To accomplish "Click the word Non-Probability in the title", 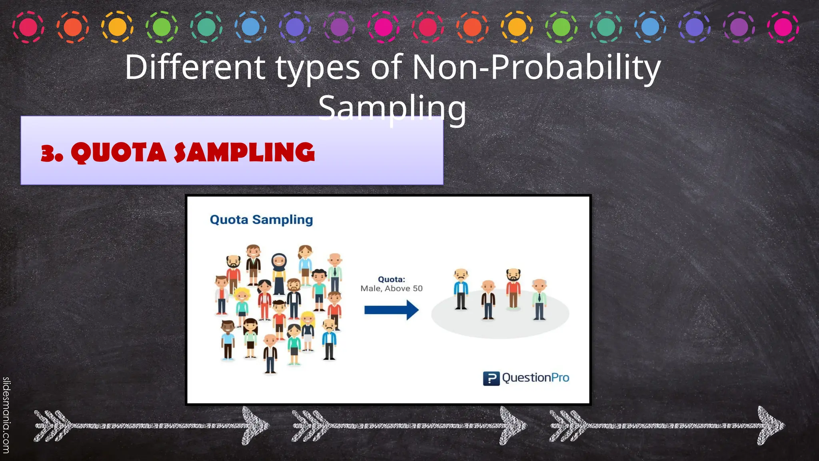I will point(536,67).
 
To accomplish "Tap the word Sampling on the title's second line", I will point(392,108).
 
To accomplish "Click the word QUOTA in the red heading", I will point(118,152).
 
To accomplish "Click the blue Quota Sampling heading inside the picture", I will point(261,220).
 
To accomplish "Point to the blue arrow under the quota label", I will point(391,310).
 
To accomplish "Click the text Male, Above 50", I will point(391,289).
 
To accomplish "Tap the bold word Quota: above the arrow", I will point(391,279).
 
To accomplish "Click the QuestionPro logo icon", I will point(491,378).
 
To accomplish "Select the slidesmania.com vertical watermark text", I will point(6,415).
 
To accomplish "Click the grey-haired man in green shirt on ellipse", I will point(539,299).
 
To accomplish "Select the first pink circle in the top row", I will point(28,27).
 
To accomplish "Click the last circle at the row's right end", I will point(783,27).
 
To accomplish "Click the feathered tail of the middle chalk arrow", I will point(310,426).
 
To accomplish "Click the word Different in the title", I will point(195,67).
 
